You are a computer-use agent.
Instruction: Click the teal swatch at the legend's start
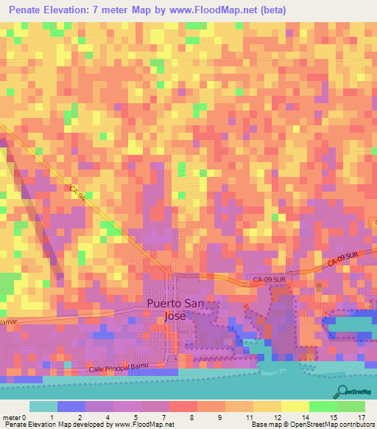click(x=43, y=406)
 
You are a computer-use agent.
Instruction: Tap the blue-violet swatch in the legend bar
click(x=71, y=406)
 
